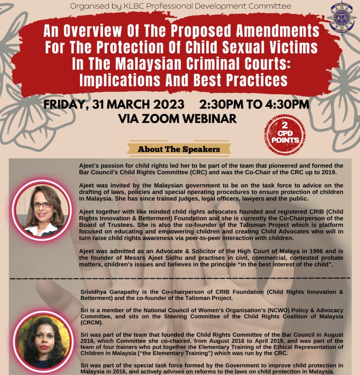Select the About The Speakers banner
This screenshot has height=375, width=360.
pos(179,149)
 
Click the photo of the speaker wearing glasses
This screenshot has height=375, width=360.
pos(41,210)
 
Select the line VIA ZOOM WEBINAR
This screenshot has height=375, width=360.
pos(177,118)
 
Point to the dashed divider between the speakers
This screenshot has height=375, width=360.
pos(180,278)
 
